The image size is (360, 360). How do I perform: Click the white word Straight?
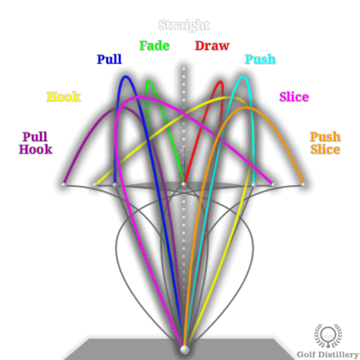(x=184, y=25)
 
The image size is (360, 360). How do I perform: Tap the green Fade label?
(x=154, y=46)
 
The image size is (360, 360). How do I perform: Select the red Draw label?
(x=212, y=46)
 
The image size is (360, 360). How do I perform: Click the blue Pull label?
(x=109, y=59)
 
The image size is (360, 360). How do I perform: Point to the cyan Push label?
(x=260, y=59)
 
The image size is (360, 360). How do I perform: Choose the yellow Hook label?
(x=63, y=97)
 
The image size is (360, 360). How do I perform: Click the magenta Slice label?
(x=294, y=97)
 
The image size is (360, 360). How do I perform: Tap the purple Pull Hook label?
(x=36, y=143)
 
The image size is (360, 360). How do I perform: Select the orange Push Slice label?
(x=325, y=143)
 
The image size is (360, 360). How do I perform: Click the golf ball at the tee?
(x=184, y=350)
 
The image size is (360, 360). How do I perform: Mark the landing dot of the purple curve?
(x=64, y=184)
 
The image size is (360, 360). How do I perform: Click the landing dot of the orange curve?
(x=302, y=184)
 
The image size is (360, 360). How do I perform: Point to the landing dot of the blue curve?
(x=115, y=184)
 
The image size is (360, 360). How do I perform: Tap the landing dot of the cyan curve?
(x=253, y=184)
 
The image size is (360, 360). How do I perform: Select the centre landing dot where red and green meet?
(x=184, y=184)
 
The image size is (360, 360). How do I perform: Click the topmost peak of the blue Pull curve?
(x=126, y=77)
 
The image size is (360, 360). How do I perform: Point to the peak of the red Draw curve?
(x=220, y=82)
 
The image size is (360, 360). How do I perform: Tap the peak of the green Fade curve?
(x=148, y=82)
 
